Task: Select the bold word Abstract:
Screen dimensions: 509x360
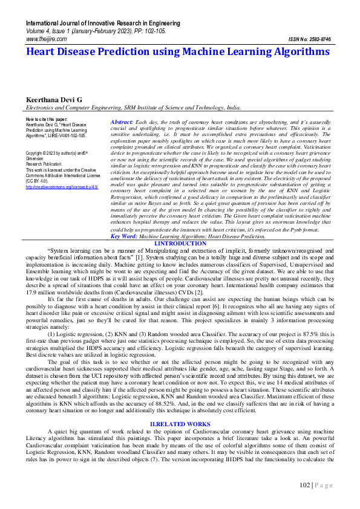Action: click(x=122, y=122)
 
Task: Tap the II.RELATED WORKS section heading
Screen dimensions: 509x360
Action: click(x=180, y=424)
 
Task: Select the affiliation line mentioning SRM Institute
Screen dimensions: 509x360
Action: click(x=124, y=108)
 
